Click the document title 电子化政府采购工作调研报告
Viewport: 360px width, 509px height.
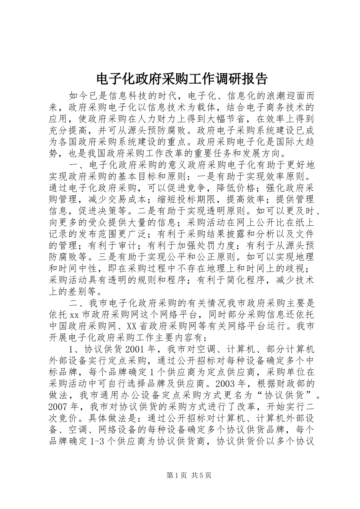pos(182,79)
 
